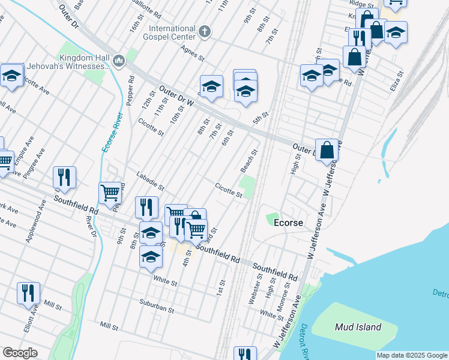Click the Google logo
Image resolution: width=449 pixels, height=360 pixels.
(20, 353)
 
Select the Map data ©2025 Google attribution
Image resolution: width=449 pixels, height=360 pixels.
(412, 355)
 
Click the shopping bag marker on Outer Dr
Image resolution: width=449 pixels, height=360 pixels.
(327, 150)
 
